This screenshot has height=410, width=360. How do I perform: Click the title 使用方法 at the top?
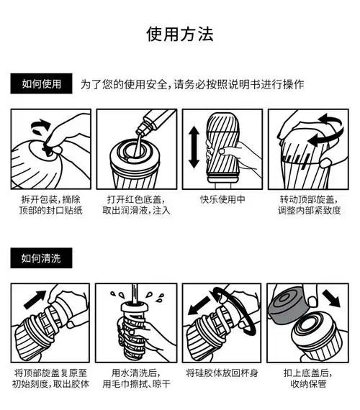click(180, 34)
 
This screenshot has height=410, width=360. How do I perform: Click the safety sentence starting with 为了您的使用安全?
click(192, 84)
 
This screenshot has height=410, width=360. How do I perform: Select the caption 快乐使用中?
click(222, 199)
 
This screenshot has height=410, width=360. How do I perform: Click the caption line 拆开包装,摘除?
click(50, 199)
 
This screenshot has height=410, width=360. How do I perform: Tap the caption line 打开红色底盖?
click(136, 199)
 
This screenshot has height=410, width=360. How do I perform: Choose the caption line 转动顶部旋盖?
click(307, 199)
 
